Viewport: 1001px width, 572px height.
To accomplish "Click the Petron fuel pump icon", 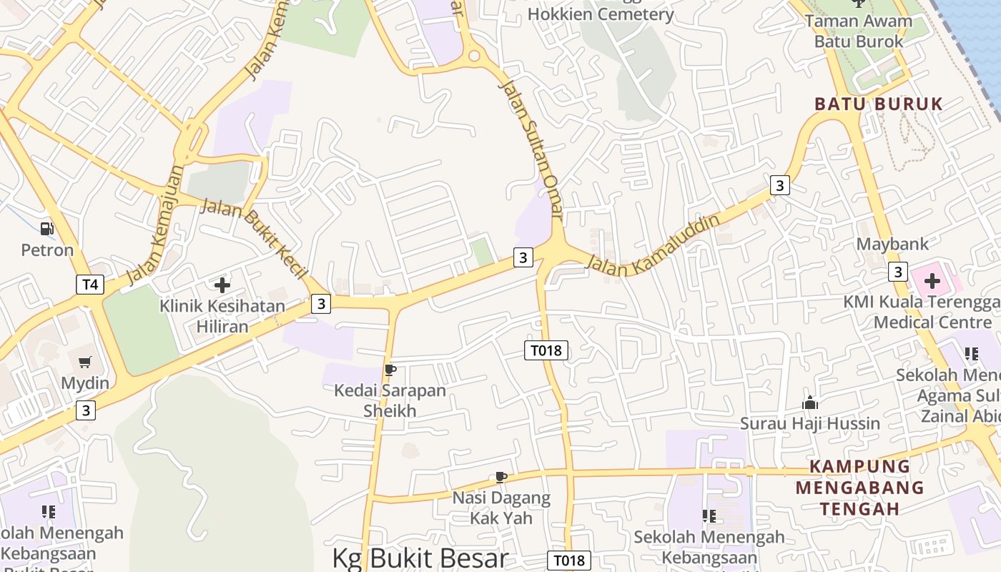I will [x=47, y=229].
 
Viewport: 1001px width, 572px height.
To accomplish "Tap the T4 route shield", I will [x=89, y=285].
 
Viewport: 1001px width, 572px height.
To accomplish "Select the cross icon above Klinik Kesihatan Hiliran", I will [x=222, y=285].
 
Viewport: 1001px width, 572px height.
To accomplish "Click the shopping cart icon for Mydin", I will [x=85, y=363].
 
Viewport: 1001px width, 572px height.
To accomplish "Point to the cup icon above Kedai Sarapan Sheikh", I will [x=390, y=370].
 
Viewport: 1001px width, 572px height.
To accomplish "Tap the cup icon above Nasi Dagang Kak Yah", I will [x=501, y=477].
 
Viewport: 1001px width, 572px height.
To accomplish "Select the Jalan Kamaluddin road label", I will [x=652, y=245].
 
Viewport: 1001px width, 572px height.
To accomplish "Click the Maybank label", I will [x=892, y=244].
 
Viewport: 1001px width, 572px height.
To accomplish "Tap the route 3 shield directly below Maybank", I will [x=898, y=272].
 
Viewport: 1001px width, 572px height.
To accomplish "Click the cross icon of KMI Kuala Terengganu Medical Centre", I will [x=932, y=280].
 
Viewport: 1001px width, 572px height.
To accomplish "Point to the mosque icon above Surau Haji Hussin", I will [x=810, y=403].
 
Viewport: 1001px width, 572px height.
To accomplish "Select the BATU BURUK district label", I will [x=879, y=104].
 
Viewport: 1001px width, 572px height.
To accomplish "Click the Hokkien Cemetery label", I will [x=601, y=14].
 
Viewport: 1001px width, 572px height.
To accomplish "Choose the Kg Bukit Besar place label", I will [x=420, y=558].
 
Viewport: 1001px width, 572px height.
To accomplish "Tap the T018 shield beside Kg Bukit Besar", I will [x=569, y=561].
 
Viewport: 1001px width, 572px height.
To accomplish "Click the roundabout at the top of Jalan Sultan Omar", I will [x=473, y=56].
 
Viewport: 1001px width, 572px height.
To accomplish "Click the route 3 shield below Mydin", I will [x=86, y=410].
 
